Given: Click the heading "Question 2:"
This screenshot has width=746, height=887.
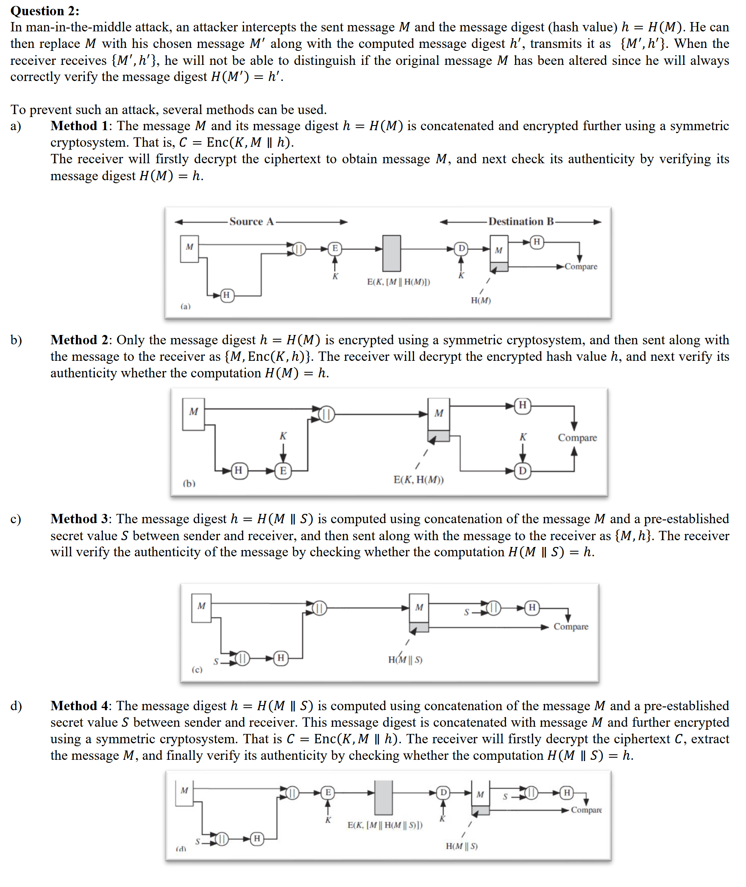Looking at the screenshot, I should pyautogui.click(x=45, y=11).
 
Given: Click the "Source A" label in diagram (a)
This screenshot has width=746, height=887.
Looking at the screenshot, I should pyautogui.click(x=251, y=221).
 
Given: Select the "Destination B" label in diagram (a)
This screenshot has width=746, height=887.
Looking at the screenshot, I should pyautogui.click(x=521, y=221).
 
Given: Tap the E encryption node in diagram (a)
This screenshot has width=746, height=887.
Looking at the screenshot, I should pyautogui.click(x=335, y=248).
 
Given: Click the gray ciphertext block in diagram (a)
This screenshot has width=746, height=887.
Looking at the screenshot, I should pyautogui.click(x=392, y=253).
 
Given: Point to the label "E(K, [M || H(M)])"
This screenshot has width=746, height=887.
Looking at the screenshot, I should pyautogui.click(x=398, y=282).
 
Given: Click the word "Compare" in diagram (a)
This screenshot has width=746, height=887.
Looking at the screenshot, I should pyautogui.click(x=581, y=267).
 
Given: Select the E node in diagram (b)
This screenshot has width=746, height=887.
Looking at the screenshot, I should pyautogui.click(x=283, y=471).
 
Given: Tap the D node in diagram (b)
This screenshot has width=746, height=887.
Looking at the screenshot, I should pyautogui.click(x=523, y=471).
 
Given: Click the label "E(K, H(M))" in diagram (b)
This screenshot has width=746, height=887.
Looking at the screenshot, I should pyautogui.click(x=418, y=480).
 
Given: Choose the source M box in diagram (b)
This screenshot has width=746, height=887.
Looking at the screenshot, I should pyautogui.click(x=194, y=414).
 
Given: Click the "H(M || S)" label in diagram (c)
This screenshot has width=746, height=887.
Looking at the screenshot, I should pyautogui.click(x=405, y=660).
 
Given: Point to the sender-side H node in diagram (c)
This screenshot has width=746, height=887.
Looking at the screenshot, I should pyautogui.click(x=281, y=658).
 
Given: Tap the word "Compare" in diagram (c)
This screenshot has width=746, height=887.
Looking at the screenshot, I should pyautogui.click(x=571, y=627).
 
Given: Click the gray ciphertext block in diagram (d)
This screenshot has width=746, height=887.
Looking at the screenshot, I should pyautogui.click(x=383, y=798).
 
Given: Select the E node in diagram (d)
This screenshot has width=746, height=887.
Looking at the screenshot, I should pyautogui.click(x=328, y=792).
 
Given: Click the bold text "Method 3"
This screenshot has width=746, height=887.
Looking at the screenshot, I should pyautogui.click(x=79, y=519).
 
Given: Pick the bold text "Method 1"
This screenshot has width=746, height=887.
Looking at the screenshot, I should pyautogui.click(x=79, y=126).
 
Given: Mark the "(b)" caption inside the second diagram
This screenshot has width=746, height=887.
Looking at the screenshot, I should pyautogui.click(x=189, y=483).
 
